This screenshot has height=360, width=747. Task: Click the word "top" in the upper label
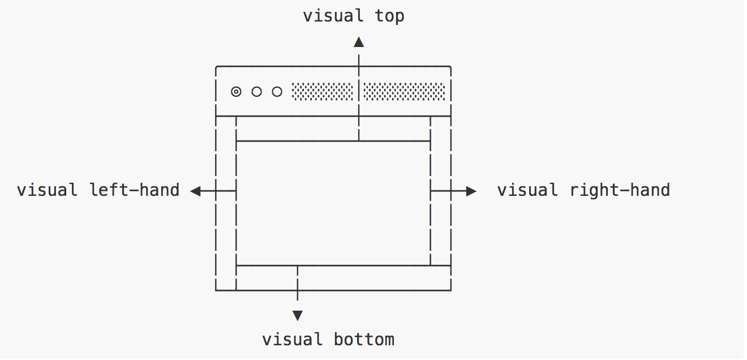(389, 16)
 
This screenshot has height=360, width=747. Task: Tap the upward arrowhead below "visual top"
(358, 41)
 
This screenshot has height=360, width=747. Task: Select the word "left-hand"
(135, 190)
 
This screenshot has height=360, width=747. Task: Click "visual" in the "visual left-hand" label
(47, 190)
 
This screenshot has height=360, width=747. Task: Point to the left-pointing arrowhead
(196, 191)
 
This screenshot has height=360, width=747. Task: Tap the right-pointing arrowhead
(471, 191)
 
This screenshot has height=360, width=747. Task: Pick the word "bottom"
(364, 340)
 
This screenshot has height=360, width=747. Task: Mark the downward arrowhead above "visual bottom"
(297, 315)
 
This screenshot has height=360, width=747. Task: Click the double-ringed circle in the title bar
(236, 92)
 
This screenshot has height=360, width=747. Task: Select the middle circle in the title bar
(256, 92)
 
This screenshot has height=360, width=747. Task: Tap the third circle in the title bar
(277, 92)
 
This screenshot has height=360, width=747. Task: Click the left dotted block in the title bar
(323, 92)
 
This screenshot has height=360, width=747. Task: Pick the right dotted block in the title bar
(404, 92)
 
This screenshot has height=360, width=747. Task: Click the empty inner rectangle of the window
(333, 203)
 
